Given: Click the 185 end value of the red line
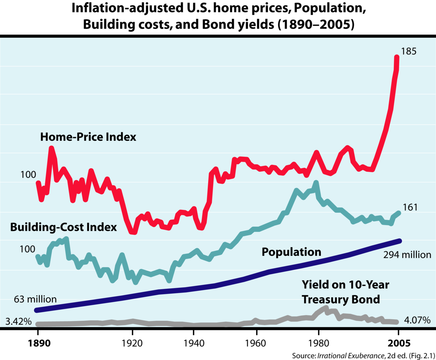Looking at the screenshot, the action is click(409, 51).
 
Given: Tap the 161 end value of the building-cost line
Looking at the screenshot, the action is click(410, 207).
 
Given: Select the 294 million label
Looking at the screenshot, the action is click(407, 255).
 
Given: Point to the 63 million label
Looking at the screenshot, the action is click(35, 299).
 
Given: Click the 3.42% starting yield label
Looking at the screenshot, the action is click(19, 321).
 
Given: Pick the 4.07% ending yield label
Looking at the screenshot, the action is click(417, 320).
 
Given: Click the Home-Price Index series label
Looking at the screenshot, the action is click(88, 137).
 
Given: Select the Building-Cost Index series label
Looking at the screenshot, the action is click(64, 227).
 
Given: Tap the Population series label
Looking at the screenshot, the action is click(291, 252).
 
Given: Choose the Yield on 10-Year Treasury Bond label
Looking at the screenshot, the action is click(346, 292).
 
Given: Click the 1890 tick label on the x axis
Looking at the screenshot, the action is click(39, 343).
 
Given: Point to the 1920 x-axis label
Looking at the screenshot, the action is click(132, 343).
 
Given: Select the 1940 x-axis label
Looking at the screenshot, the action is click(194, 343).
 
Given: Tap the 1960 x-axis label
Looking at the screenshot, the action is click(255, 343).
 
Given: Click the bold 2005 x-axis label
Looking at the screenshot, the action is click(399, 343).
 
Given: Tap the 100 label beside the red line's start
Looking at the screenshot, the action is click(28, 175).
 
